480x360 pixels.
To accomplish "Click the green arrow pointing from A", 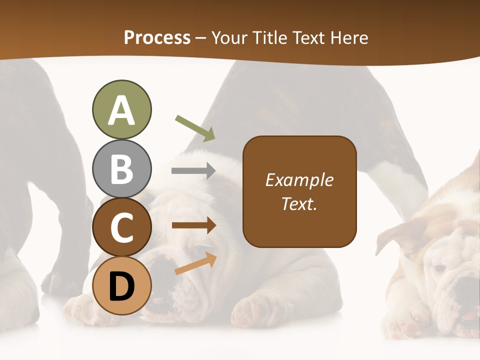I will [x=195, y=127].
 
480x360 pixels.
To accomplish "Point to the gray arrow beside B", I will [x=193, y=171].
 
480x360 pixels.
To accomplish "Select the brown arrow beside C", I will [x=194, y=225].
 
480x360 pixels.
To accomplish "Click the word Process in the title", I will [x=157, y=37].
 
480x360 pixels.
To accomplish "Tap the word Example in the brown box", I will [x=299, y=180].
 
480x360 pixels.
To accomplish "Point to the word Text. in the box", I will [x=299, y=203].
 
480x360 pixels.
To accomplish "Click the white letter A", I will [x=121, y=111].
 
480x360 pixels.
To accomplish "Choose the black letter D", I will [x=121, y=287].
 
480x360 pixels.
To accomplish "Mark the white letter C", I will [x=121, y=228].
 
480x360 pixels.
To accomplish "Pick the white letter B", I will [x=121, y=169].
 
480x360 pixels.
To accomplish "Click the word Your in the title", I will [x=229, y=37].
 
